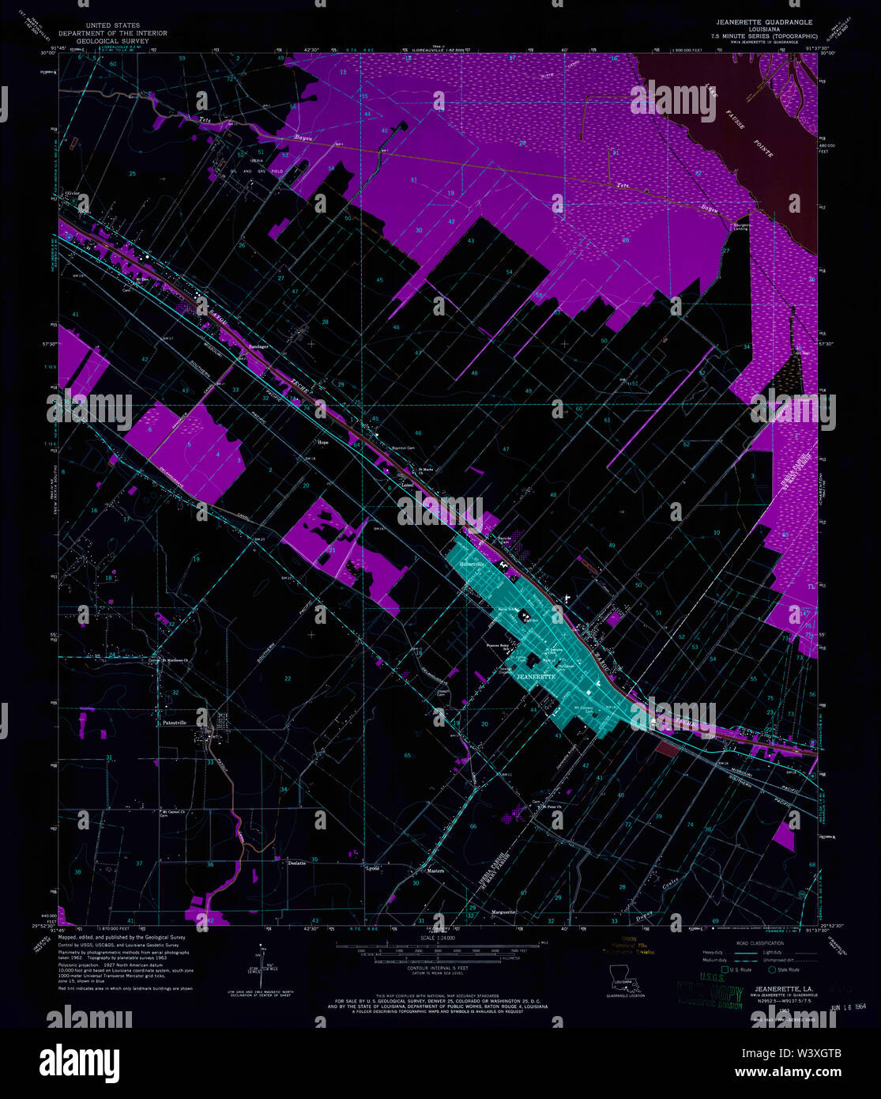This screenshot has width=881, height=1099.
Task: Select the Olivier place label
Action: (73, 192)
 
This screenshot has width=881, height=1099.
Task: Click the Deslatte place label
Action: (296, 863)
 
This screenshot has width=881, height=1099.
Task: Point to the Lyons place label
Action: (372, 868)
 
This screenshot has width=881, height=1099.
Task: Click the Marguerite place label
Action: (503, 912)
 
